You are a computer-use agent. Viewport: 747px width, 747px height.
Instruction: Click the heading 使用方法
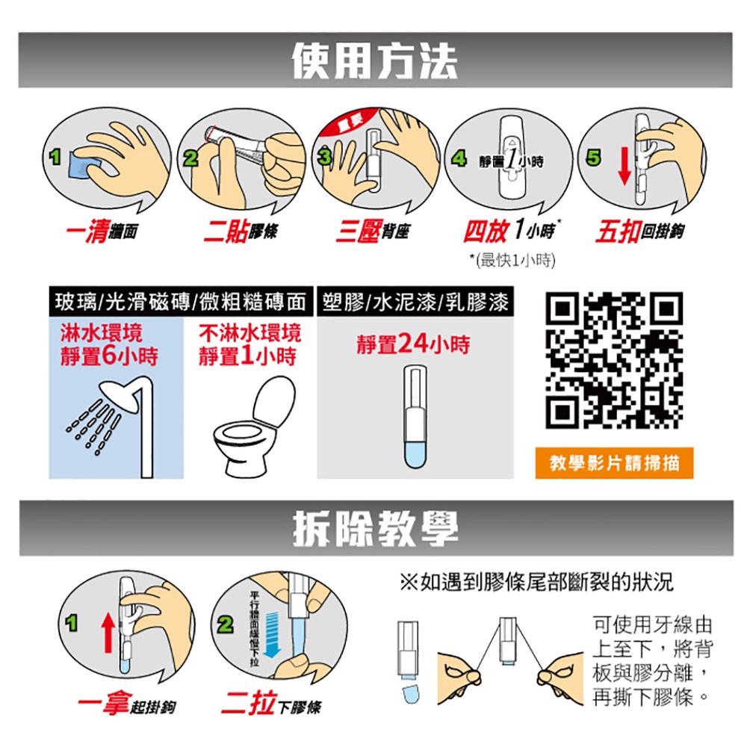pos(373,61)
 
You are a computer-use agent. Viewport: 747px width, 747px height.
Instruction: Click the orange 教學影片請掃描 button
pos(614,463)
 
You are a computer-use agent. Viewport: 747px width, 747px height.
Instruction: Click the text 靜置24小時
pos(413,344)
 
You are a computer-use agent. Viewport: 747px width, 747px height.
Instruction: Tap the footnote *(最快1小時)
pos(514,260)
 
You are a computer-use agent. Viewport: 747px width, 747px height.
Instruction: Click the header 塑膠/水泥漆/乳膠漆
pos(416,303)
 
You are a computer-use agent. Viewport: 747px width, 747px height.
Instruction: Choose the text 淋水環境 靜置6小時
pos(109,344)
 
